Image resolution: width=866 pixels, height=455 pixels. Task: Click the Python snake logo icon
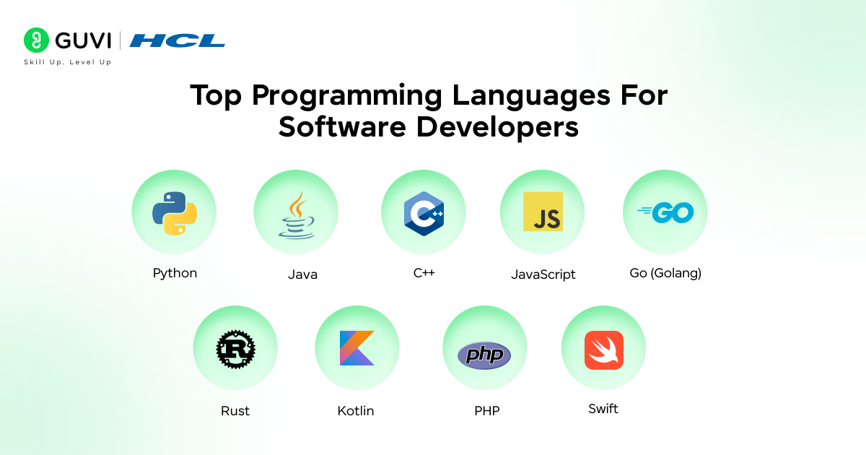[174, 212]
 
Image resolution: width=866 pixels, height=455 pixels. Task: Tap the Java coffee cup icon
[296, 216]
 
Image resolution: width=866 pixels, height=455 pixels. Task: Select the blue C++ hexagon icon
[424, 213]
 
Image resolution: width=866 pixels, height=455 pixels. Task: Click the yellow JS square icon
[543, 212]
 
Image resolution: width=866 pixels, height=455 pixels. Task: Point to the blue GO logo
[665, 212]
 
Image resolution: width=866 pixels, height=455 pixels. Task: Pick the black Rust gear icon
[235, 349]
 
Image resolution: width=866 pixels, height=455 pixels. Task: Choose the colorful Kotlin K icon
[357, 348]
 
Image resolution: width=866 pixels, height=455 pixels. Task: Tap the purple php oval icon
[484, 355]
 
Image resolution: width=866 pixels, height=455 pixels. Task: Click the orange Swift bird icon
[604, 350]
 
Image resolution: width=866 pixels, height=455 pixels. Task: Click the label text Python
[175, 273]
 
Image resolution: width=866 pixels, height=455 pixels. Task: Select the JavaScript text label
[543, 274]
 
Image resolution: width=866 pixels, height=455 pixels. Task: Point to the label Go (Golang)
[665, 273]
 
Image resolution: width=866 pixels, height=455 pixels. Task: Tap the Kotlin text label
[356, 411]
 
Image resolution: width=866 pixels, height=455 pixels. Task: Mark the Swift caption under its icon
[603, 409]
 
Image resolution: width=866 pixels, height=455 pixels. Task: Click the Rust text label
[235, 411]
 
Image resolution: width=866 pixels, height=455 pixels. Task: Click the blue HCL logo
[178, 40]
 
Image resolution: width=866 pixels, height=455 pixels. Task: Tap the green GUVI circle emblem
[36, 40]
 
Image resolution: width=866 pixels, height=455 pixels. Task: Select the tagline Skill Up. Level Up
[68, 62]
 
